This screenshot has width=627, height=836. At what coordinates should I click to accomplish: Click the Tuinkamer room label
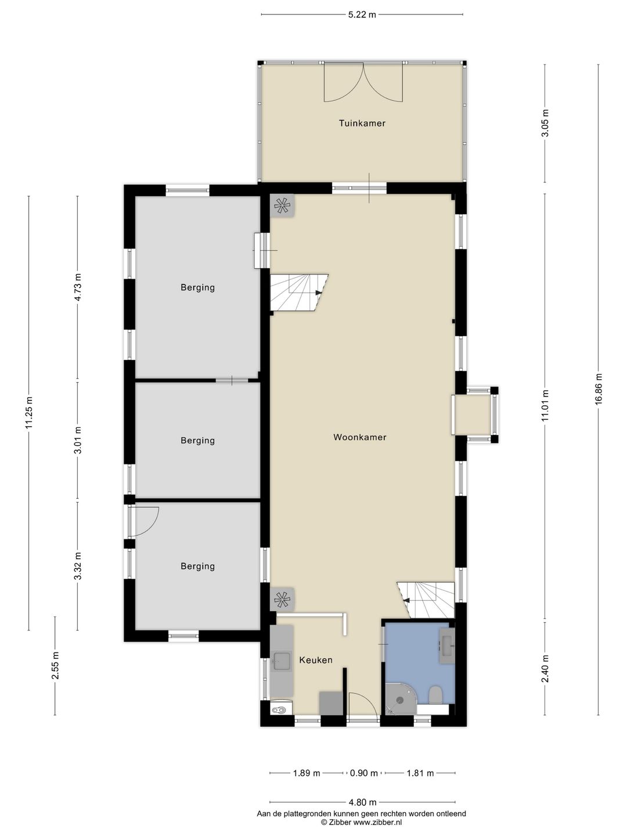[362, 123]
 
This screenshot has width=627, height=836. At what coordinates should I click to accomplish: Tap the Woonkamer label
[360, 437]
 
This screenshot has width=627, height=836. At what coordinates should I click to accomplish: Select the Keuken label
[316, 660]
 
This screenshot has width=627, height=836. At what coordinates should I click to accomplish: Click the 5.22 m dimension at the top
[362, 15]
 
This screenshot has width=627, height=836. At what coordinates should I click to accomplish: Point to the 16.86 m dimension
[599, 389]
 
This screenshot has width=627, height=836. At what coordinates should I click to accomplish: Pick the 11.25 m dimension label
[29, 412]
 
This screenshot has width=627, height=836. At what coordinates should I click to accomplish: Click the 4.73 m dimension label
[78, 287]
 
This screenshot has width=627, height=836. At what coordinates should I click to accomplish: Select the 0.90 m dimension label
[364, 773]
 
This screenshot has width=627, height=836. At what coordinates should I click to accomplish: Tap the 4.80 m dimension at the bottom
[362, 802]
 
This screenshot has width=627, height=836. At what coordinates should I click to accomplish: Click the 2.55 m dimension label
[55, 665]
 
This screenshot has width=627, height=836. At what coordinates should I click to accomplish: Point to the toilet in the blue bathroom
[435, 695]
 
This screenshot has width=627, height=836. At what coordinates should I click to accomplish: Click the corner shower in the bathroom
[400, 698]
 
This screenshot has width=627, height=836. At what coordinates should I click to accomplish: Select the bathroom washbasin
[447, 646]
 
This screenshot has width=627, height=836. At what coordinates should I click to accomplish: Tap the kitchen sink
[282, 661]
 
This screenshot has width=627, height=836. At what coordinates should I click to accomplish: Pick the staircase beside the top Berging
[299, 293]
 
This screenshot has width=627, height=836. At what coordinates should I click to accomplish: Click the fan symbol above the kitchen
[282, 599]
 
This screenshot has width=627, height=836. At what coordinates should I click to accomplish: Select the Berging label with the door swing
[197, 567]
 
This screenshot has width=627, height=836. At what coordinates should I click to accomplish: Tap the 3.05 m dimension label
[545, 123]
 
